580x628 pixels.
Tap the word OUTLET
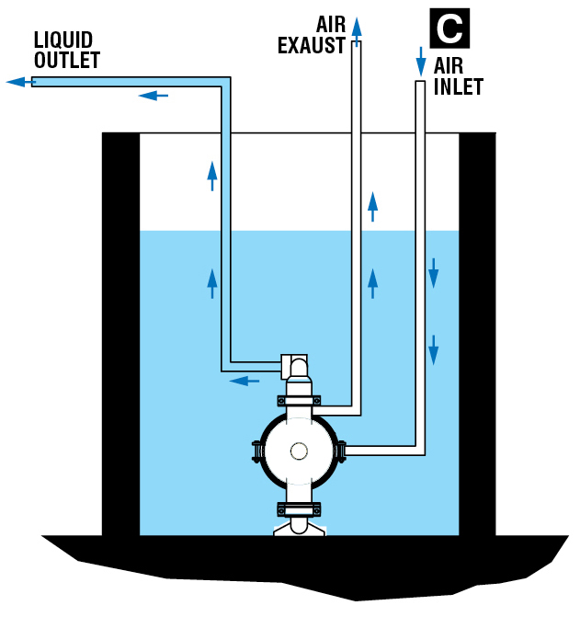tap(67, 60)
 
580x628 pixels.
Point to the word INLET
tap(460, 88)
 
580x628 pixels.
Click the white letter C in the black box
tap(449, 29)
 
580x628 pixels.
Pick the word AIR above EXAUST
tap(331, 24)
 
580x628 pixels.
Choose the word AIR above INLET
tap(449, 67)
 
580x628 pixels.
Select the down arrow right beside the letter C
tap(421, 61)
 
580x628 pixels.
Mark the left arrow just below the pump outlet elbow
tap(244, 380)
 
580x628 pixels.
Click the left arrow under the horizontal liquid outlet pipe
tap(154, 95)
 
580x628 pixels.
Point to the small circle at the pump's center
tap(299, 451)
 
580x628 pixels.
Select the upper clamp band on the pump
tap(299, 401)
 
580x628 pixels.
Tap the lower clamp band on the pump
tap(299, 508)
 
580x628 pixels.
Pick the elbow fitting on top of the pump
tap(296, 366)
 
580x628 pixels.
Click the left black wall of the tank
tap(120, 331)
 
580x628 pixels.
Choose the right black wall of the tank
tap(477, 331)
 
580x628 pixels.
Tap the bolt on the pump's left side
tap(256, 451)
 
